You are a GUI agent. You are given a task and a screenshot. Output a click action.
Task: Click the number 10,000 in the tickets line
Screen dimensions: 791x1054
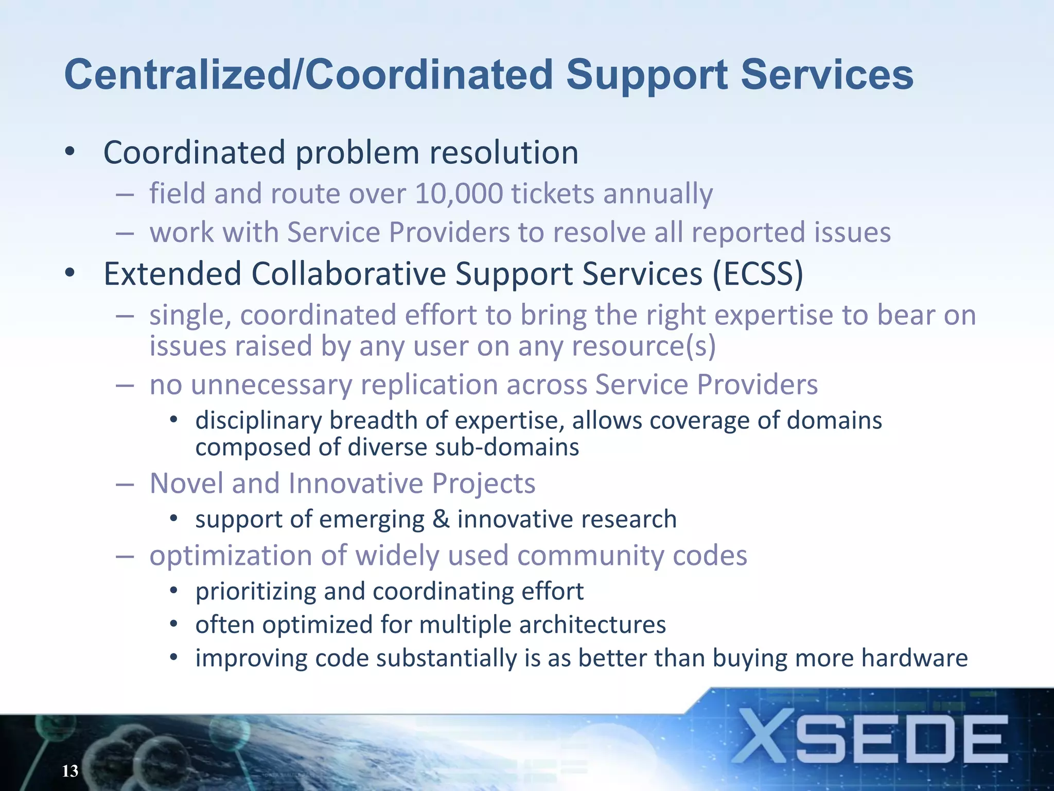459,194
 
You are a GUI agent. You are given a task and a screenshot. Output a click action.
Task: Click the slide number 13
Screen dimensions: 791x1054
70,771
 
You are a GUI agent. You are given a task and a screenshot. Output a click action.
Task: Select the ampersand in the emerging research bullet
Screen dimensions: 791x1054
441,519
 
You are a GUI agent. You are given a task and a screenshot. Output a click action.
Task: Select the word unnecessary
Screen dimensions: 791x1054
271,385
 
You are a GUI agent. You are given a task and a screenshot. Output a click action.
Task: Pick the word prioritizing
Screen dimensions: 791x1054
255,592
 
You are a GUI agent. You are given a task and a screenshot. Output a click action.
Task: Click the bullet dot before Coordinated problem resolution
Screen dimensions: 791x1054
70,152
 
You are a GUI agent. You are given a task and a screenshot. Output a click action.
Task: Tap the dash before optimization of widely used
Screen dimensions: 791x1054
125,556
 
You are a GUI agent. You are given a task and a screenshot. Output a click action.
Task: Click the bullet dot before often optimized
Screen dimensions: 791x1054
174,625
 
